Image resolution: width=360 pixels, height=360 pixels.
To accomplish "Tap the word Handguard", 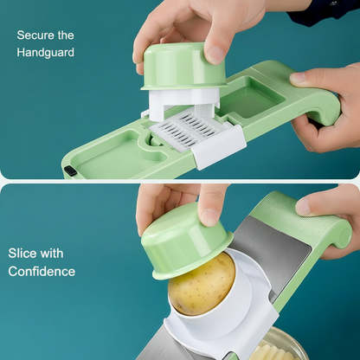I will (46, 53).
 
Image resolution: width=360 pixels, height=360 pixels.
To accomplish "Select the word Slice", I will (22, 254).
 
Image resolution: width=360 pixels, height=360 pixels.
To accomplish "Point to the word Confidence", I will (42, 272).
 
